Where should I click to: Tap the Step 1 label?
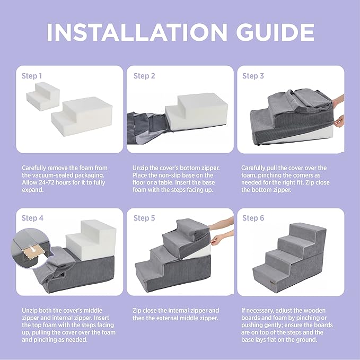tap(32, 76)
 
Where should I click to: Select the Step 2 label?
tap(144, 76)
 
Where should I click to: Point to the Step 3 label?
tap(253, 76)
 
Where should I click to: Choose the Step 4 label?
tap(32, 218)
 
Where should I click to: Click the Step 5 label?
tap(144, 218)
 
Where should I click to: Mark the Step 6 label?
tap(253, 218)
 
